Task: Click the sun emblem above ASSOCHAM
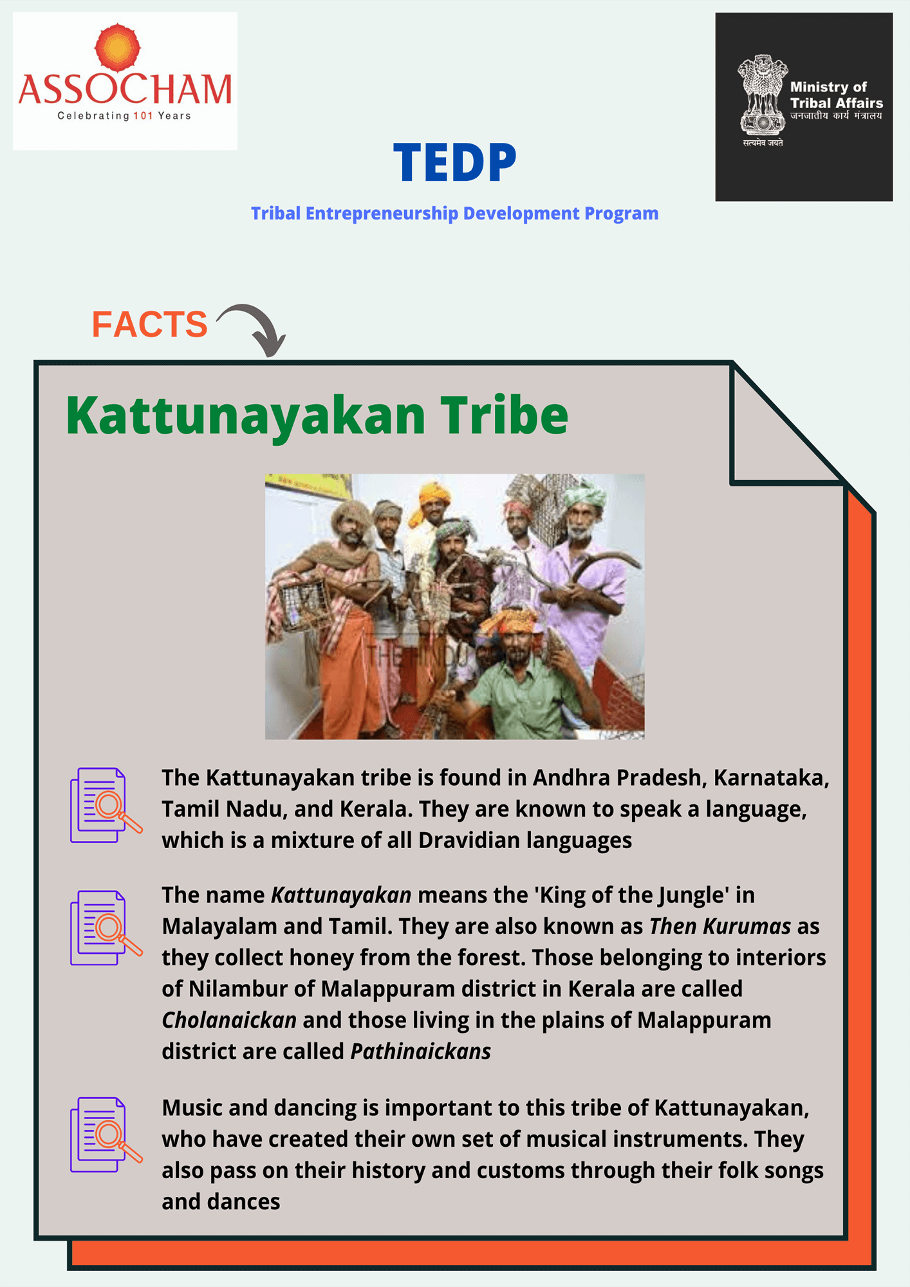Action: [117, 47]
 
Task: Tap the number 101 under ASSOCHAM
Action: [143, 116]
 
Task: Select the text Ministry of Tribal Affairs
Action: [836, 95]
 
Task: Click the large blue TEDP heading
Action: [455, 163]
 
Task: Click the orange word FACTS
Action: [149, 324]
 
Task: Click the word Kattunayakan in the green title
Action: [245, 416]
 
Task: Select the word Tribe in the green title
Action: [504, 414]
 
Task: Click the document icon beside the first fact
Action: [106, 805]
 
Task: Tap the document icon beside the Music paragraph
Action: [106, 1134]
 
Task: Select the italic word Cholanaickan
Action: [229, 1020]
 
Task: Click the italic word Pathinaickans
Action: [421, 1051]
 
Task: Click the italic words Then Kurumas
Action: [720, 926]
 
